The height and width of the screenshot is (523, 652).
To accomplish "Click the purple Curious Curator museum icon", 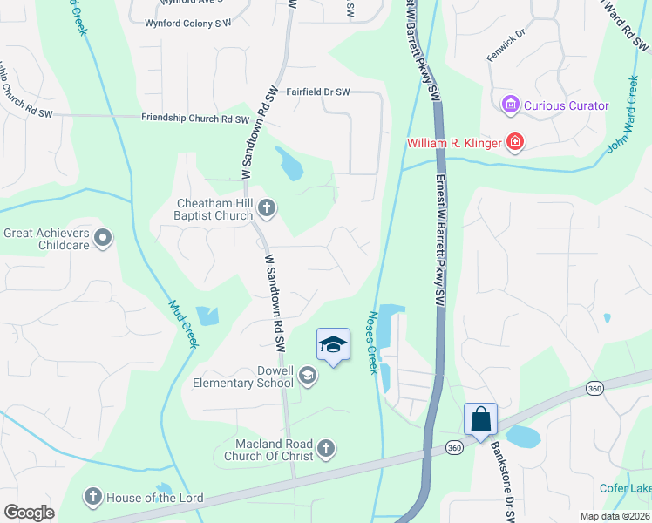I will pyautogui.click(x=510, y=105).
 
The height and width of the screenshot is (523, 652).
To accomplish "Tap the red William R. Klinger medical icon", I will pyautogui.click(x=515, y=141).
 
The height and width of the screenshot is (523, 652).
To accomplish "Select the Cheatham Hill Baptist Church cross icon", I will pyautogui.click(x=267, y=207).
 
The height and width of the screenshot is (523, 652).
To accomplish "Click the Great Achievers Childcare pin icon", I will pyautogui.click(x=103, y=237).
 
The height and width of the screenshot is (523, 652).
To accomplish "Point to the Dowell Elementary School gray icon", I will pyautogui.click(x=307, y=376).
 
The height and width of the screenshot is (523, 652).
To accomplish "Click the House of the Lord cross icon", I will pyautogui.click(x=93, y=498).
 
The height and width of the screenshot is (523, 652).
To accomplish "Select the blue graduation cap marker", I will pyautogui.click(x=332, y=346).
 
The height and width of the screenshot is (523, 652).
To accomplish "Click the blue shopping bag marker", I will pyautogui.click(x=480, y=420).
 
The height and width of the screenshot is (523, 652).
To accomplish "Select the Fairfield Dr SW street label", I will pyautogui.click(x=318, y=92).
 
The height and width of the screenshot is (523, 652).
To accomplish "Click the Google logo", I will pyautogui.click(x=30, y=513).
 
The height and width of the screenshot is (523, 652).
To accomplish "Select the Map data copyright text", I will pyautogui.click(x=614, y=516).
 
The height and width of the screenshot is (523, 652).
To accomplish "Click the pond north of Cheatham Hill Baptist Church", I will pyautogui.click(x=289, y=163).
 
